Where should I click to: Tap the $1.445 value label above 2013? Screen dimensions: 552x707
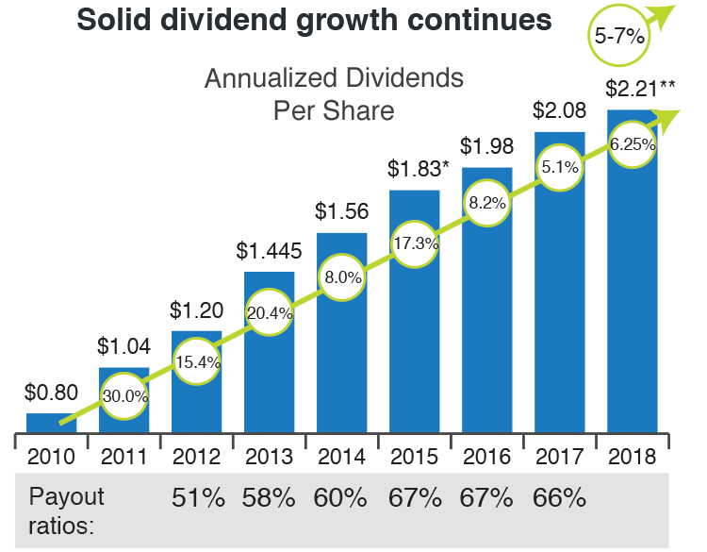click(269, 251)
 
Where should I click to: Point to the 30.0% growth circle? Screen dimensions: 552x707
click(124, 395)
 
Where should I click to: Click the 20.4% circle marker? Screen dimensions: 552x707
click(269, 313)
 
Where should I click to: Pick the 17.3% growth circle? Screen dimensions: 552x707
click(415, 243)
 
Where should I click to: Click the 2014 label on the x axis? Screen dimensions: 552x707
click(342, 458)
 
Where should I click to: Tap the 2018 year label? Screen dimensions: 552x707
click(633, 458)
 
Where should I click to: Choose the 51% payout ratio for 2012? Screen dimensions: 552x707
click(198, 498)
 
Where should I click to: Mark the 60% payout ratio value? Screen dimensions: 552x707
click(342, 498)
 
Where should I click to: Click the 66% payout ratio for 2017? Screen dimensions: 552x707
click(560, 498)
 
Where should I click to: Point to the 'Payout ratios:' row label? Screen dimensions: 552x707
click(66, 510)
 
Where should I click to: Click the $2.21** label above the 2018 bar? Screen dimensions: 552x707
click(641, 91)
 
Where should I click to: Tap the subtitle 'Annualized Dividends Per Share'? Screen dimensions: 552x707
click(334, 93)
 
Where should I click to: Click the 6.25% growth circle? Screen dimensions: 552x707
click(632, 145)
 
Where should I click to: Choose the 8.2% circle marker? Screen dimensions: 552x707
click(487, 202)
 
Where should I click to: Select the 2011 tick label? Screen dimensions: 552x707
click(124, 458)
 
